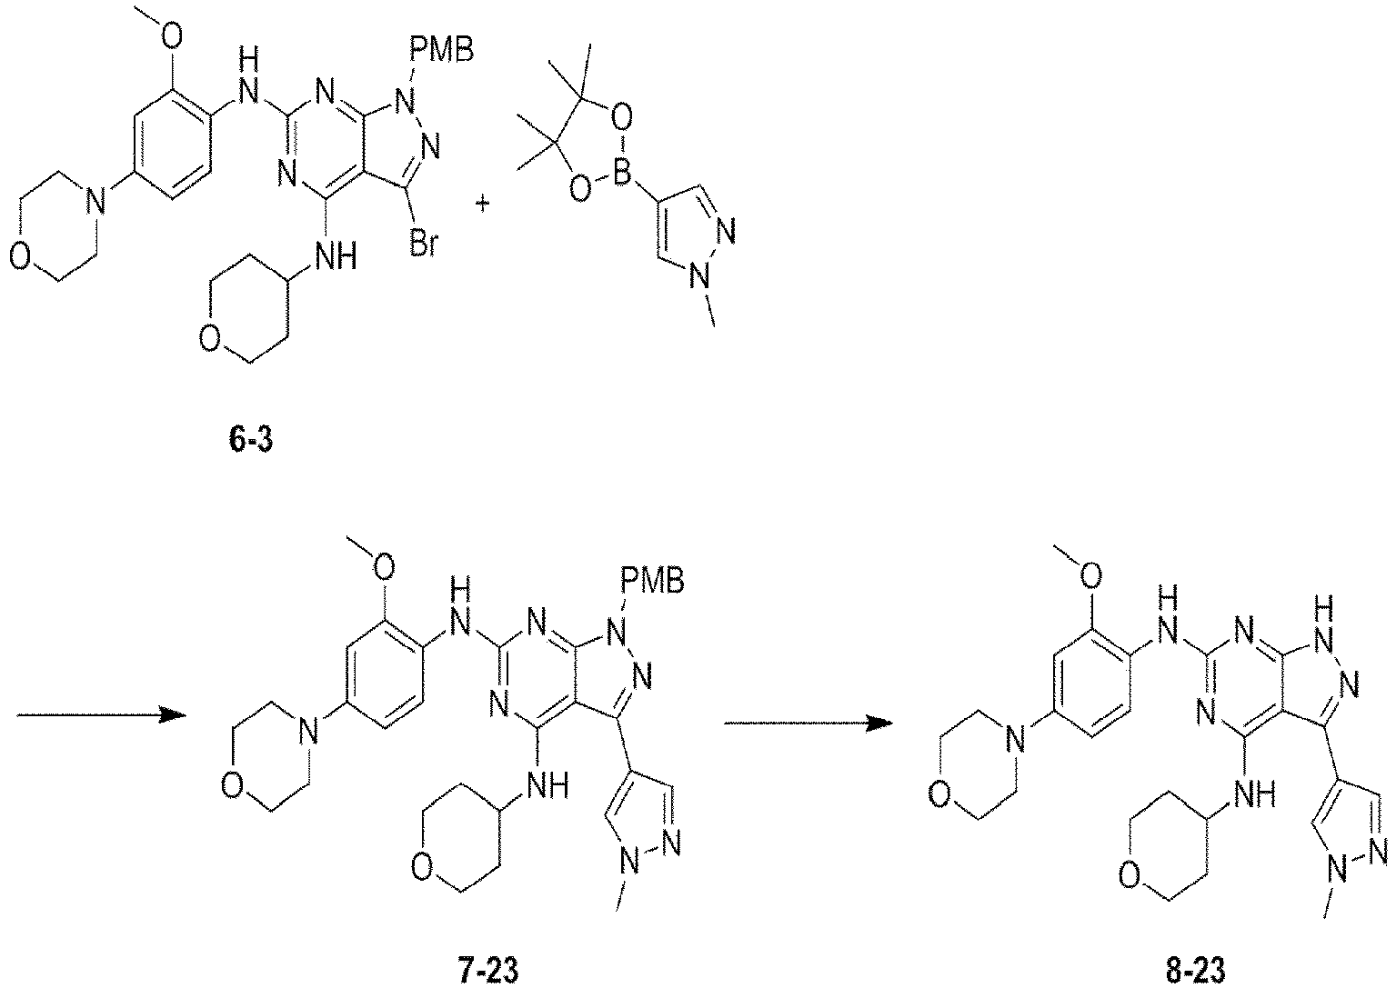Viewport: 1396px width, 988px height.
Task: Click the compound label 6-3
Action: [250, 441]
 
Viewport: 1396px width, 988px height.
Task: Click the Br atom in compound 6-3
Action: [425, 245]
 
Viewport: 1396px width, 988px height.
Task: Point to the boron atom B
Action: [621, 175]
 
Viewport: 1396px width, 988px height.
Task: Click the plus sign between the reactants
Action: [483, 204]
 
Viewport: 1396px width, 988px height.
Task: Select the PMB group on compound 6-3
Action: [443, 50]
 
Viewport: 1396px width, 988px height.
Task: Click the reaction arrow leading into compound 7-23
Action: [102, 715]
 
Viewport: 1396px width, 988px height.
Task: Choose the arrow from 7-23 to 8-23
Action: [808, 723]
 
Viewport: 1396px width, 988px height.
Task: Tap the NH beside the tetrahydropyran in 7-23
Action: [547, 786]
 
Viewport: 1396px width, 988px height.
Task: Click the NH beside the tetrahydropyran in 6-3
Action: [336, 255]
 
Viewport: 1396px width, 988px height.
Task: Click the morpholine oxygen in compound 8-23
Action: [939, 795]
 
